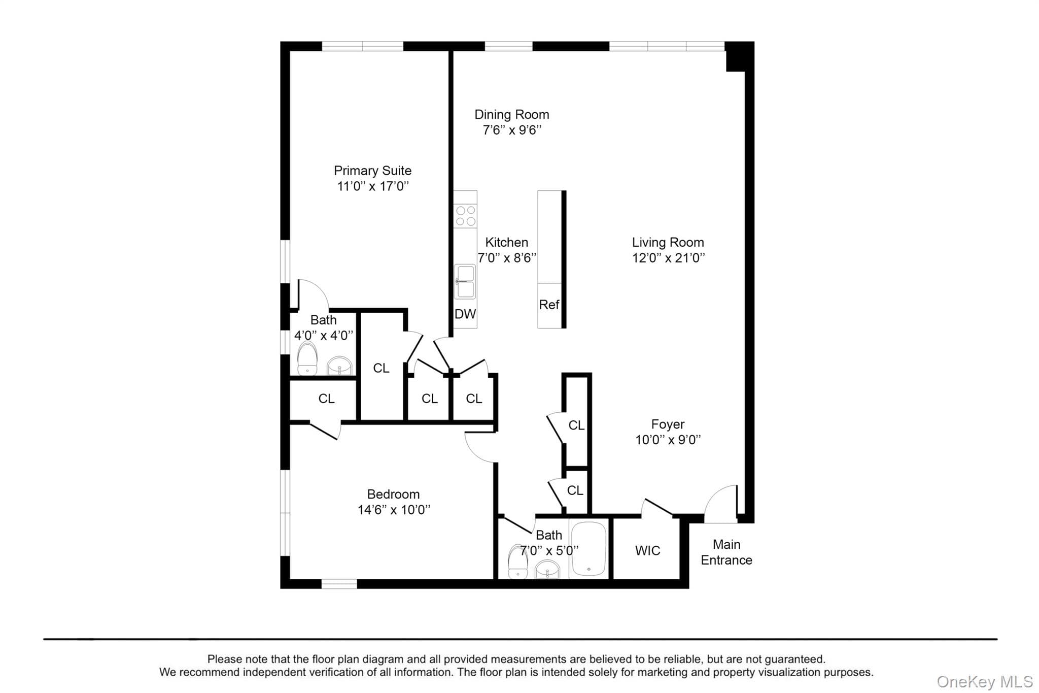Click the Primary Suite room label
372,171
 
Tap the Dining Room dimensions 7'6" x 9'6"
512,130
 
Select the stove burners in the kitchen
466,216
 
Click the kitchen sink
465,281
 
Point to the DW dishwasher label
465,314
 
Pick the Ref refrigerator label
549,305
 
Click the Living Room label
668,242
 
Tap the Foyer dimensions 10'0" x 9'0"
668,440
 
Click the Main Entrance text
726,552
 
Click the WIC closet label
647,550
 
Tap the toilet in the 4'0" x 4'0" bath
307,358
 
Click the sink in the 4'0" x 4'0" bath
339,366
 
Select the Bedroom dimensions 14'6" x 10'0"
394,510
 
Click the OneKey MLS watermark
985,681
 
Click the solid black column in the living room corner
736,56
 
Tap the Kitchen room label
506,242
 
